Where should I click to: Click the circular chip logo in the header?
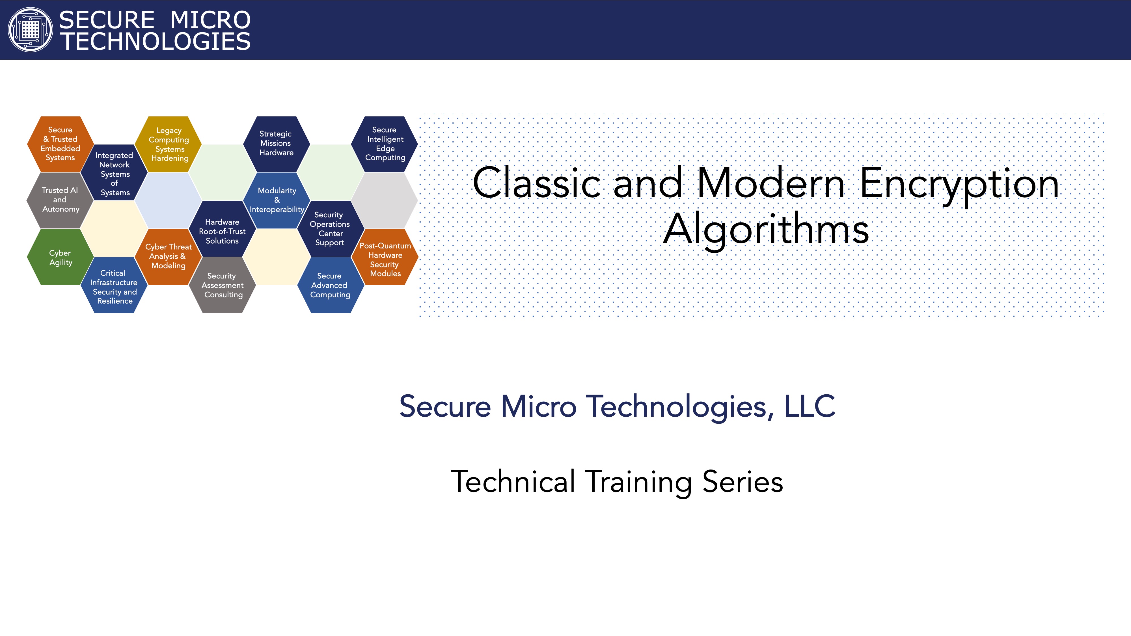point(30,30)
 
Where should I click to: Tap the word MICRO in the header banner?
point(210,20)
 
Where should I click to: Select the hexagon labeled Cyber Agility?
point(60,257)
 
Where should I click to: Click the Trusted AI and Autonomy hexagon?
point(60,200)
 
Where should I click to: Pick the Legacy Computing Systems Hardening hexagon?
point(169,144)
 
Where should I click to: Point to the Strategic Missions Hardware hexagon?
point(277,144)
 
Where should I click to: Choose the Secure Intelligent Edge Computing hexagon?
point(385,144)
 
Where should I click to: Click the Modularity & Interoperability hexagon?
point(277,200)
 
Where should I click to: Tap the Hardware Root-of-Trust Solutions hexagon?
point(223,229)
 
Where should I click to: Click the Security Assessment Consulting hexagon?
point(223,285)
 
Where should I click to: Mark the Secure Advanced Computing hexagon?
point(331,285)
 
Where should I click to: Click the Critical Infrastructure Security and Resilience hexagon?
point(114,285)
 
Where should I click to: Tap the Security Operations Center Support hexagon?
point(331,229)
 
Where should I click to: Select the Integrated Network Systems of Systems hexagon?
point(114,172)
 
